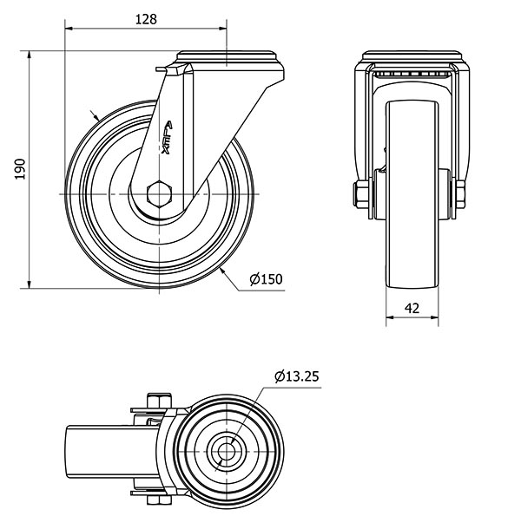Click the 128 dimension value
146,19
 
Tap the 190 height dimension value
20,169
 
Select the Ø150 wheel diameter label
266,279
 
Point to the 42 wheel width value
412,308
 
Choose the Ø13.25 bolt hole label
297,376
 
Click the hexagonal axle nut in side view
160,193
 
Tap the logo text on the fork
167,138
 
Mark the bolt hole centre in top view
226,452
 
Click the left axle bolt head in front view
361,194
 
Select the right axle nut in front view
460,194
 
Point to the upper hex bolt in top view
159,401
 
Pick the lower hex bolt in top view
159,500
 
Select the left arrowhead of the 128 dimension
69,29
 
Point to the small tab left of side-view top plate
162,69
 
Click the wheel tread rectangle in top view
111,452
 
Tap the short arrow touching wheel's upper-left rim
94,115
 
